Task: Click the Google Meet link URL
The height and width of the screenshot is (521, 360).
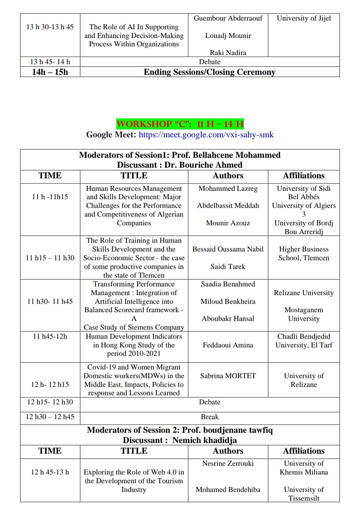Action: coord(206,135)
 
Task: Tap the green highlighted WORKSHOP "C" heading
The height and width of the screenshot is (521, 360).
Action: coord(180,124)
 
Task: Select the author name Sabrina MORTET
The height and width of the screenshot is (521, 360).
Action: coord(228,376)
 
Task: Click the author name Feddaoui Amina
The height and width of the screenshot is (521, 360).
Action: coord(228,345)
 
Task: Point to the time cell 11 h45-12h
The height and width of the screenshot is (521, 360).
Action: coord(50,336)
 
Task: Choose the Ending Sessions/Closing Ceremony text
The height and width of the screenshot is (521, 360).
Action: coord(210,72)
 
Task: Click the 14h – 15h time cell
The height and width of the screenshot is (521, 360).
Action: coord(50,72)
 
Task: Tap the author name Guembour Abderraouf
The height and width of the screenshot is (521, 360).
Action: coord(228,18)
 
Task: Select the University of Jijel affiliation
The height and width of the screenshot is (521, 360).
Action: coord(304,18)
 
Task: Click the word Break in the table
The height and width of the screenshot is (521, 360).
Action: coord(210,417)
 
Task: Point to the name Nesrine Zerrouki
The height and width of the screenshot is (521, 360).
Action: coord(228,463)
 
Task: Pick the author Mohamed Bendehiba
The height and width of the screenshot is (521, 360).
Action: coord(228,490)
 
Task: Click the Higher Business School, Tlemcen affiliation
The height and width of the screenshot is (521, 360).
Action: coord(304,253)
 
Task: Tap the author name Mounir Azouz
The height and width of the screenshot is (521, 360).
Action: coord(228,223)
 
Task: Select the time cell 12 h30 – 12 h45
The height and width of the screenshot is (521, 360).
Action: coord(50,417)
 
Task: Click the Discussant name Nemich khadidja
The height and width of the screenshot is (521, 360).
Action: coord(204,440)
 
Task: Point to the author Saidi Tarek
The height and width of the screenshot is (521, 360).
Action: coord(228,267)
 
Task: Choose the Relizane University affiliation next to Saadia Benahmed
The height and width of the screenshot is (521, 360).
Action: coord(304,293)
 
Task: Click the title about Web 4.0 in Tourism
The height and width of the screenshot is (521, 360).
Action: coord(134,481)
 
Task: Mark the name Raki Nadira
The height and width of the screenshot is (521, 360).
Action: coord(228,53)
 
